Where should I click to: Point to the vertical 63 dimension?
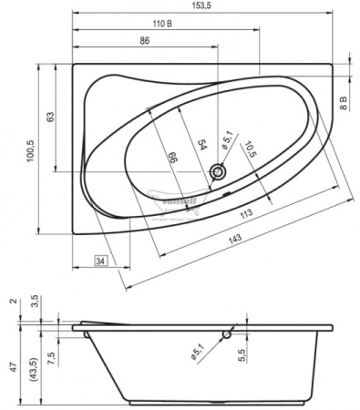[51, 117]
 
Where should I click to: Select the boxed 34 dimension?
[101, 262]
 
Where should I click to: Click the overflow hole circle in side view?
[239, 328]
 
